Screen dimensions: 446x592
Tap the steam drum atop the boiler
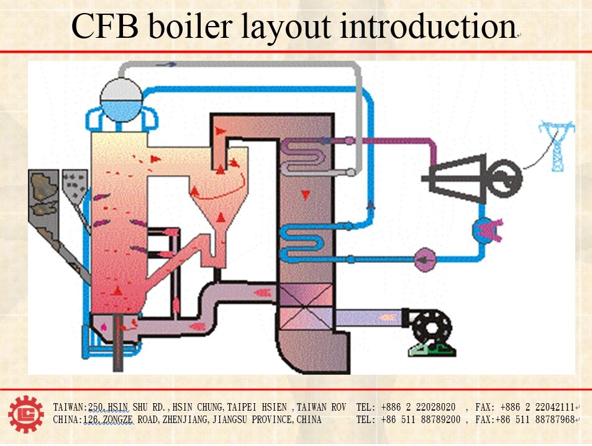(121, 97)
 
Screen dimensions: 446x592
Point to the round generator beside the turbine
(502, 178)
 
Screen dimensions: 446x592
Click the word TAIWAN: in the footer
(70, 408)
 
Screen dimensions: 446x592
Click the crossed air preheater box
(306, 308)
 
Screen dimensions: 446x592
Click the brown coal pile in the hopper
(43, 185)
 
